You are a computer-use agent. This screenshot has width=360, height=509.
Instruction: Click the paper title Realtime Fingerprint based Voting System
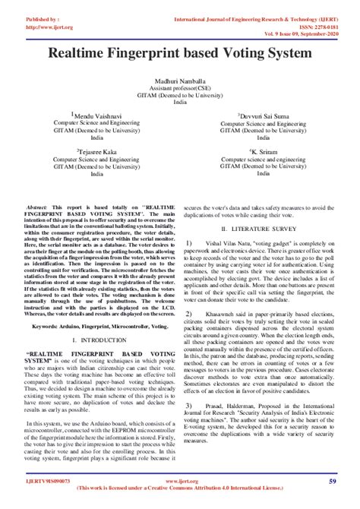tap(180, 54)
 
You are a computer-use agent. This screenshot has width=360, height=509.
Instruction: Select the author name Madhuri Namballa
tap(180, 81)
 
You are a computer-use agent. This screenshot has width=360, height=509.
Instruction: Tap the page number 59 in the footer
tap(333, 482)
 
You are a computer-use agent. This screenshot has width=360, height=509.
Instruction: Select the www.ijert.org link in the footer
tap(179, 481)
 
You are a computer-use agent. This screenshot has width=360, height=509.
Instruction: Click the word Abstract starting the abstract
tap(37, 207)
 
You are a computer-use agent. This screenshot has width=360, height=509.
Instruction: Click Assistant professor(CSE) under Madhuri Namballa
tap(180, 88)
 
